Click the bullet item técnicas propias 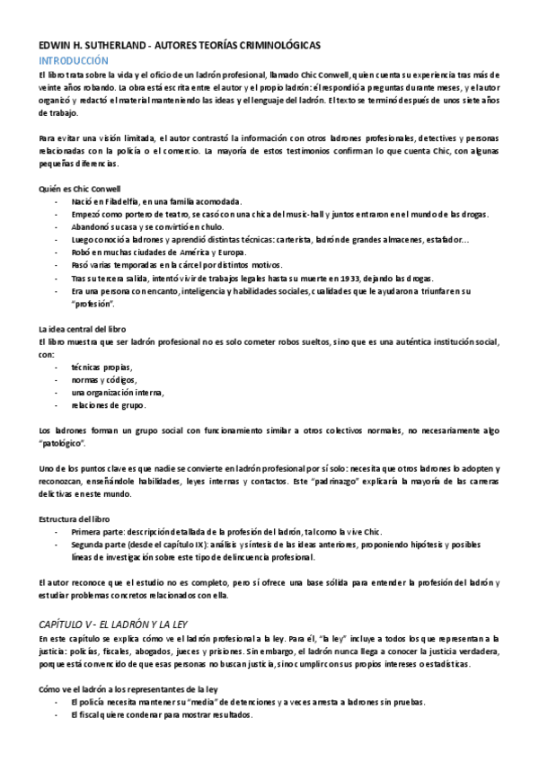point(102,368)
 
